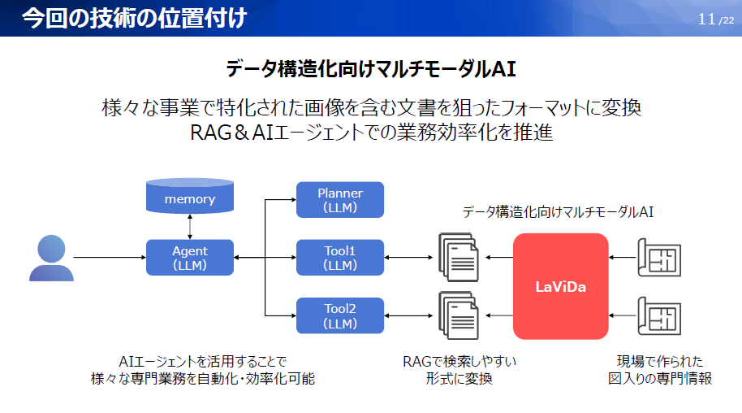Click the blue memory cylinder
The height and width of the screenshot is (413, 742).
point(190,198)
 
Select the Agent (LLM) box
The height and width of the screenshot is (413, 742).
point(190,258)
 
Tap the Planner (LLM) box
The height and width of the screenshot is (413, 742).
point(340,200)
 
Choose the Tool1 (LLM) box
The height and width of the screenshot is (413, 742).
point(340,258)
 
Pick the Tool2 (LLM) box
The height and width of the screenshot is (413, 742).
point(340,315)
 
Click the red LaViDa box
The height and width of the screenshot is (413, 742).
point(560,286)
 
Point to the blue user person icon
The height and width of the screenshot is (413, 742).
point(51,258)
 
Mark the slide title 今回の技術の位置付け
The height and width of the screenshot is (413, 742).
point(134,18)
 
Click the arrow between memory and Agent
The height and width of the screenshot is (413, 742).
point(190,227)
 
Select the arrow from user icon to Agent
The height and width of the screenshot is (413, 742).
point(110,258)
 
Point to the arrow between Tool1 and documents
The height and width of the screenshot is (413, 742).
point(411,258)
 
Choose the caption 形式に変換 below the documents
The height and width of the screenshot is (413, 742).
point(459,378)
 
